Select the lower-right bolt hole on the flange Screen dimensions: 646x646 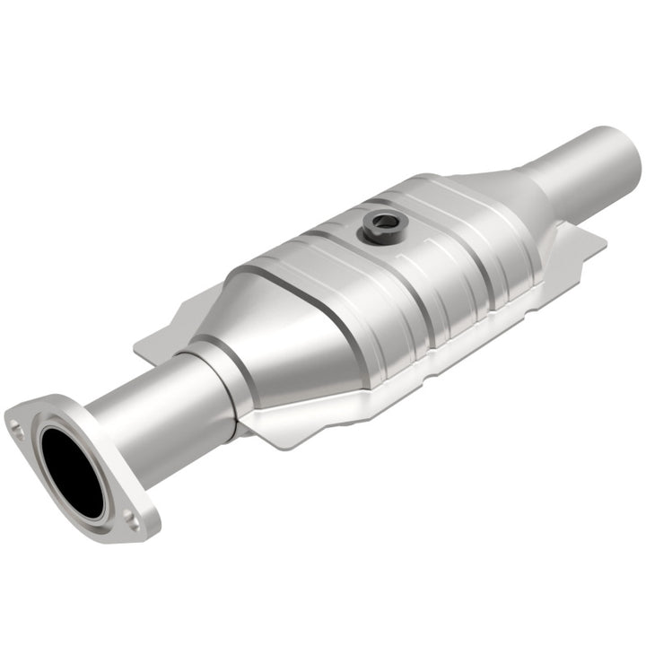coord(132,516)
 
